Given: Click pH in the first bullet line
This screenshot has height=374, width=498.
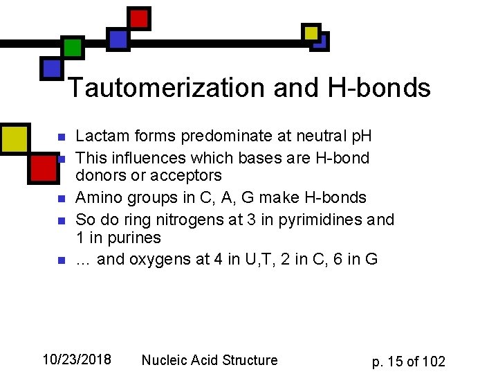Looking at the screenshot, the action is (x=359, y=137).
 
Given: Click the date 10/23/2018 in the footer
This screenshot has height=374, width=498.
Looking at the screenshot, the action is (x=77, y=359).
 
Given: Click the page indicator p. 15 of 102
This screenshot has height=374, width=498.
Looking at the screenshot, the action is (x=408, y=361).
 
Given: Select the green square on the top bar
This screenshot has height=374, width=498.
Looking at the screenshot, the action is (x=73, y=47).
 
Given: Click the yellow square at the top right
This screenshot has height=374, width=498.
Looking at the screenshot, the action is (x=312, y=32).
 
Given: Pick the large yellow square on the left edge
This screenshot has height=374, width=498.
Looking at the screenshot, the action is (x=14, y=138).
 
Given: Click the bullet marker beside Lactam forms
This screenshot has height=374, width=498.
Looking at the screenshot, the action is (x=60, y=137).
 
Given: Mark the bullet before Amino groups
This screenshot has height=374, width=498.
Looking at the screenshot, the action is (x=60, y=199).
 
